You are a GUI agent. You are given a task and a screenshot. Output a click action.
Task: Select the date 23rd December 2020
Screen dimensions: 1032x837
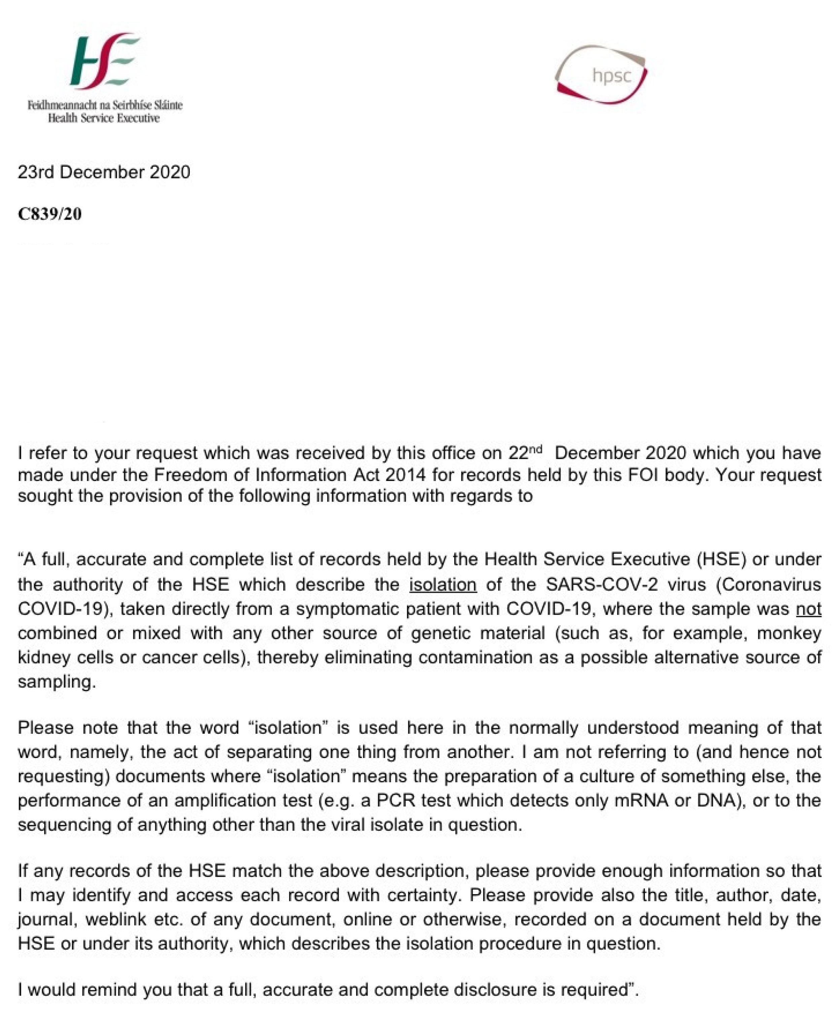pyautogui.click(x=104, y=172)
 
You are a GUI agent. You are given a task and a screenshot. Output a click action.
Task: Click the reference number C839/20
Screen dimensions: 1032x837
pyautogui.click(x=50, y=214)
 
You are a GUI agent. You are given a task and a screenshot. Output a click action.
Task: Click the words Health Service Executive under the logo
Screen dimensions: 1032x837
pyautogui.click(x=104, y=118)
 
